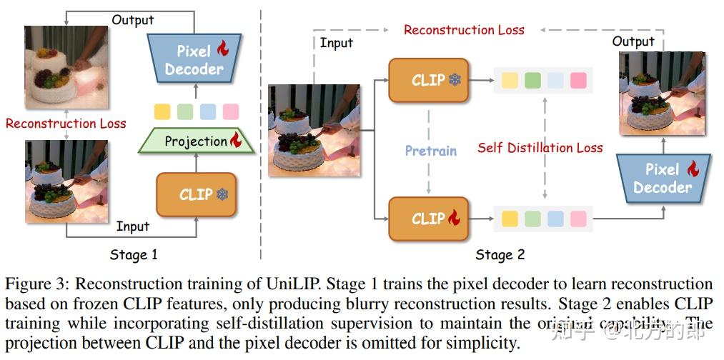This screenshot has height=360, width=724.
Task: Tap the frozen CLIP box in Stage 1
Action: [x=196, y=194]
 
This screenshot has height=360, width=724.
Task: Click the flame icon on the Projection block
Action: [x=235, y=140]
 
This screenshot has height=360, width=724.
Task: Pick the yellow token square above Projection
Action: [x=162, y=111]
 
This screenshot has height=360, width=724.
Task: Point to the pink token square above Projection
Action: [x=230, y=111]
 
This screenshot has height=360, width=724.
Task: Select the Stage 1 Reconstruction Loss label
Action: [x=66, y=124]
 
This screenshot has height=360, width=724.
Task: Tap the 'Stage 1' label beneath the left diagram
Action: [x=134, y=254]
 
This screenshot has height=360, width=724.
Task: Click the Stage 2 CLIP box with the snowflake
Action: [x=428, y=80]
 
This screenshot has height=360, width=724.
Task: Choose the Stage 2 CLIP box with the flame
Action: [x=428, y=219]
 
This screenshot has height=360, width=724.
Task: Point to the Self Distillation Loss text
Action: [x=540, y=148]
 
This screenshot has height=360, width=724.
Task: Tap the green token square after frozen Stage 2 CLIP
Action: [x=532, y=80]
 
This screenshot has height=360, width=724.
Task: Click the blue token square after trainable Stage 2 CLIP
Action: [x=555, y=219]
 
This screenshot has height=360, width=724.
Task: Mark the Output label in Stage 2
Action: [x=633, y=41]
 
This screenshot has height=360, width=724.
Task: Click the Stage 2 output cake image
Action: [x=663, y=93]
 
